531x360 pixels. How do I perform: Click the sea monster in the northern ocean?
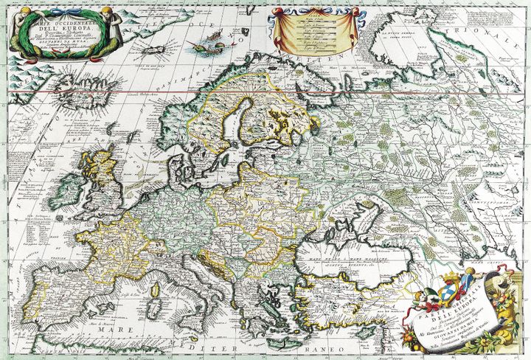click(x=201, y=49)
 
